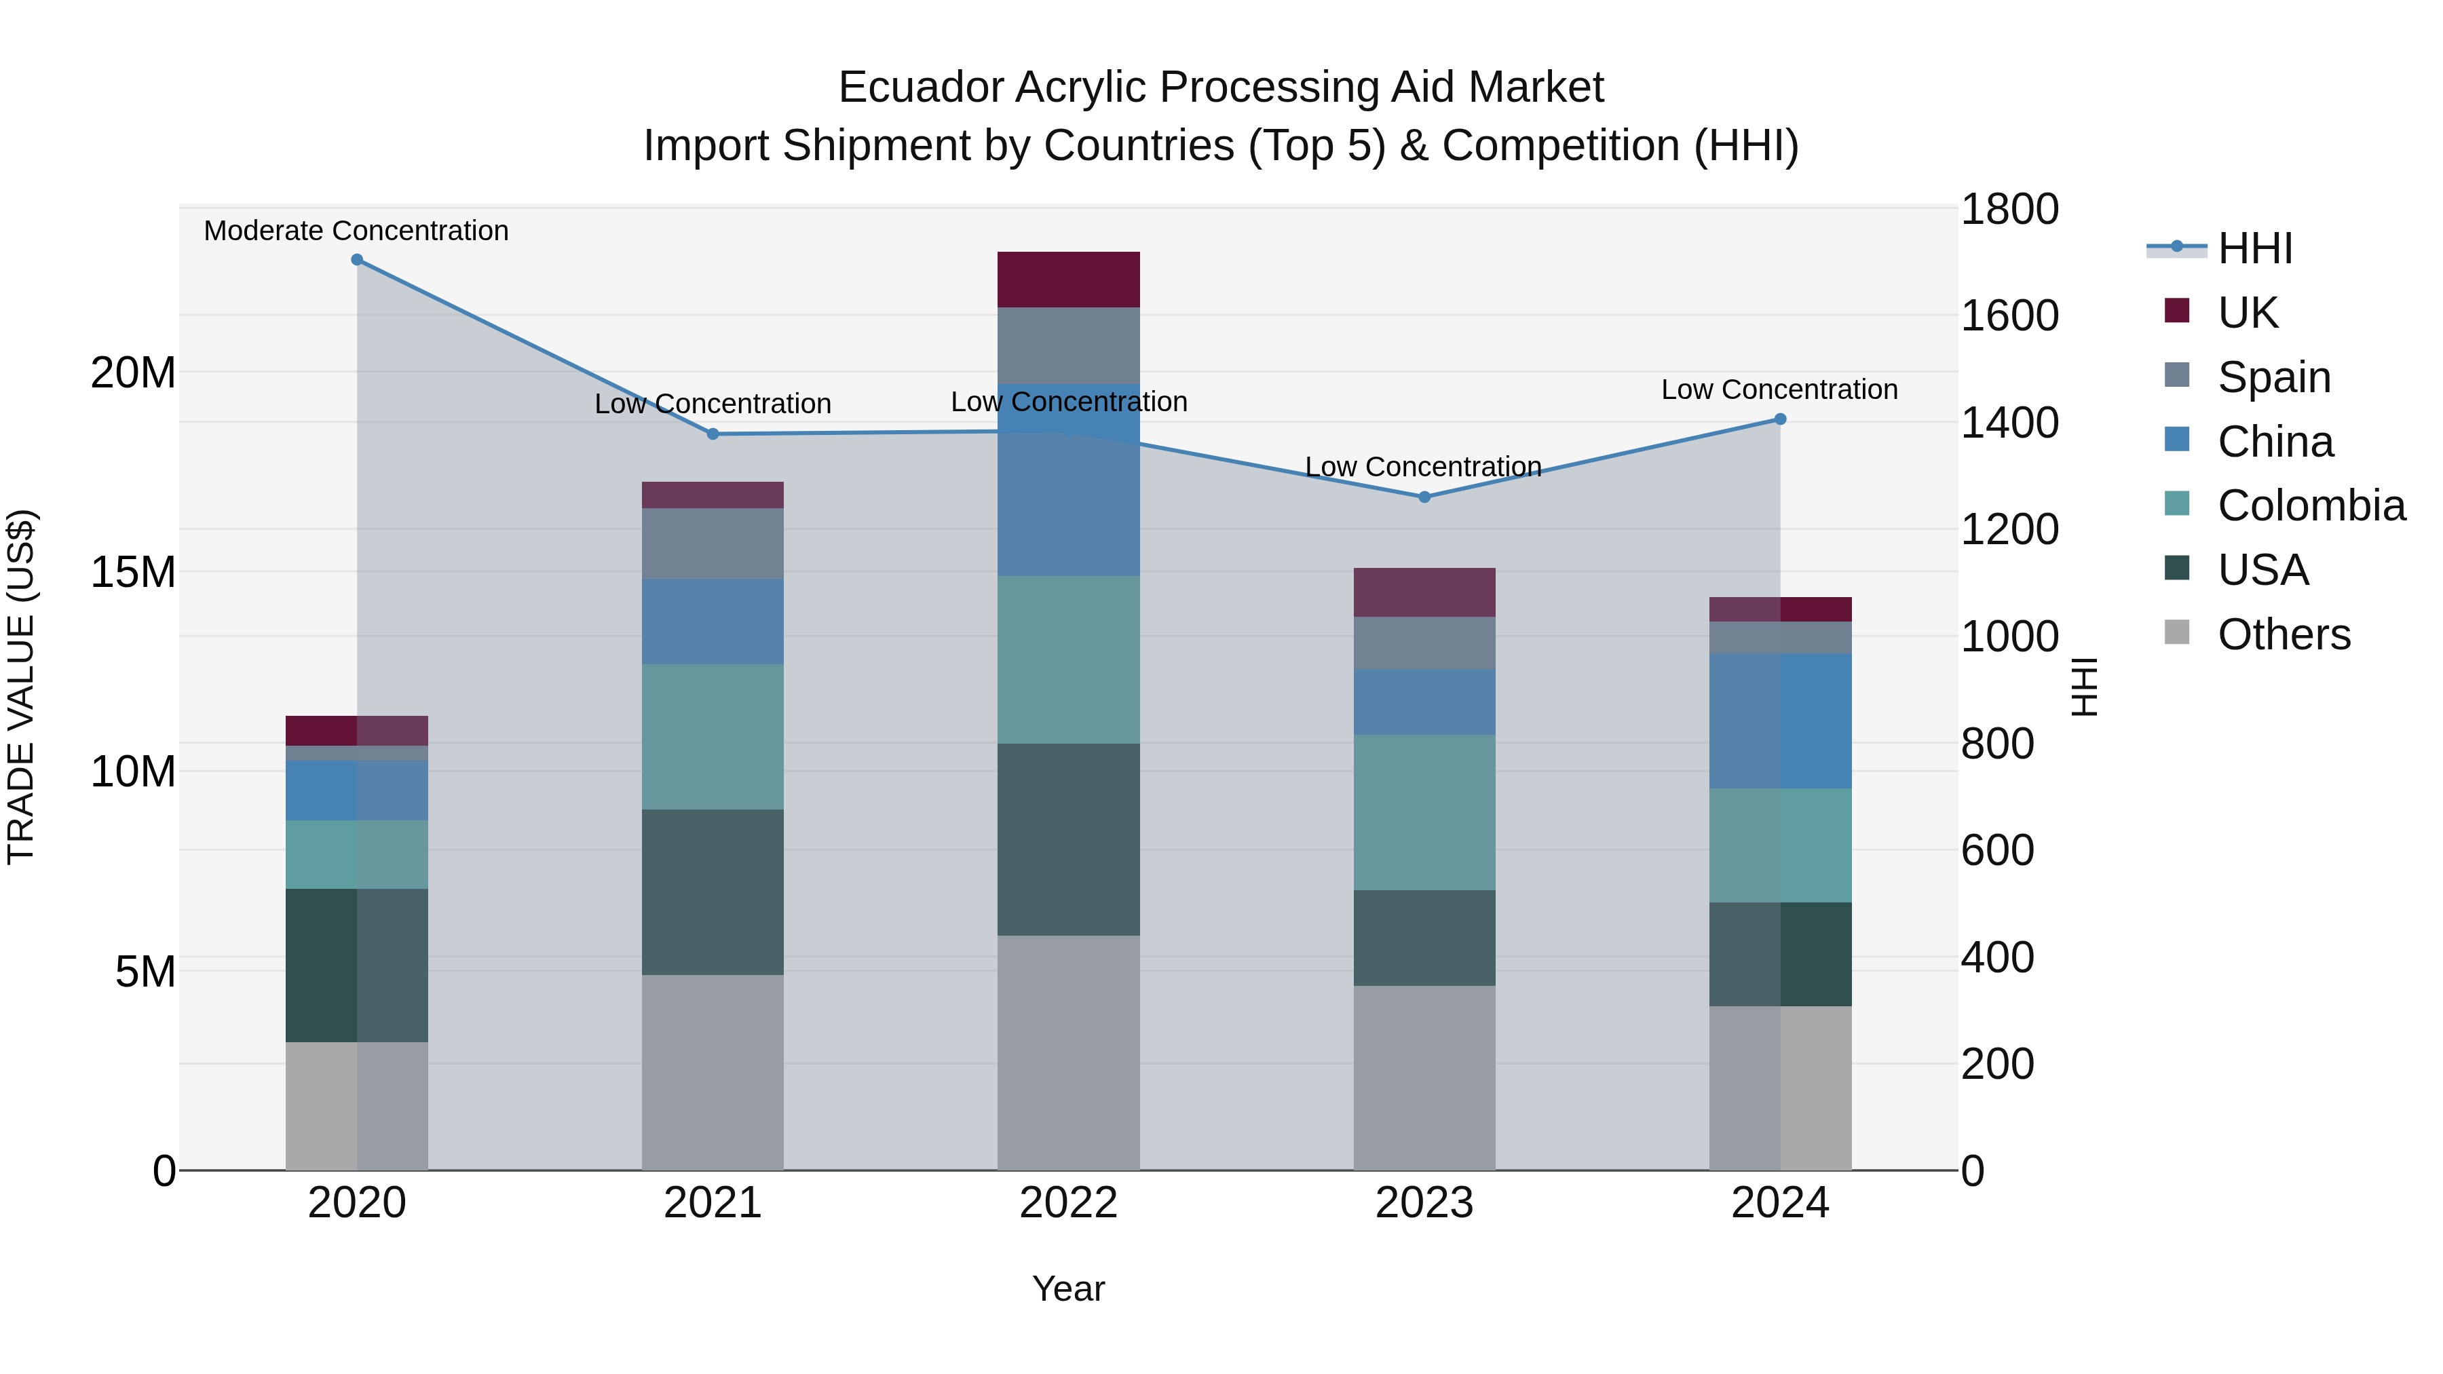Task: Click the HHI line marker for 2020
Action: pyautogui.click(x=356, y=260)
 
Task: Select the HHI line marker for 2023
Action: pyautogui.click(x=1424, y=497)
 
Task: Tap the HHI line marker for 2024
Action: pyautogui.click(x=1779, y=419)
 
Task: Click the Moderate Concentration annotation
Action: pyautogui.click(x=356, y=231)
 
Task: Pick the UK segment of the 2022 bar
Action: pyautogui.click(x=1068, y=280)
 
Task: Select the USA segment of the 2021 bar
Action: pyautogui.click(x=713, y=892)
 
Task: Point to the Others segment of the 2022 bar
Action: pyautogui.click(x=1068, y=1052)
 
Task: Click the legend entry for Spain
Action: pyautogui.click(x=2273, y=377)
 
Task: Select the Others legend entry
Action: pyautogui.click(x=2283, y=634)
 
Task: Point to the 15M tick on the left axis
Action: pyautogui.click(x=133, y=572)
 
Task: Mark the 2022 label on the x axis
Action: pyautogui.click(x=1068, y=1202)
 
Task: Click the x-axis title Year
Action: pyautogui.click(x=1068, y=1289)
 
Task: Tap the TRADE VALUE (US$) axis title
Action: pyautogui.click(x=21, y=687)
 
